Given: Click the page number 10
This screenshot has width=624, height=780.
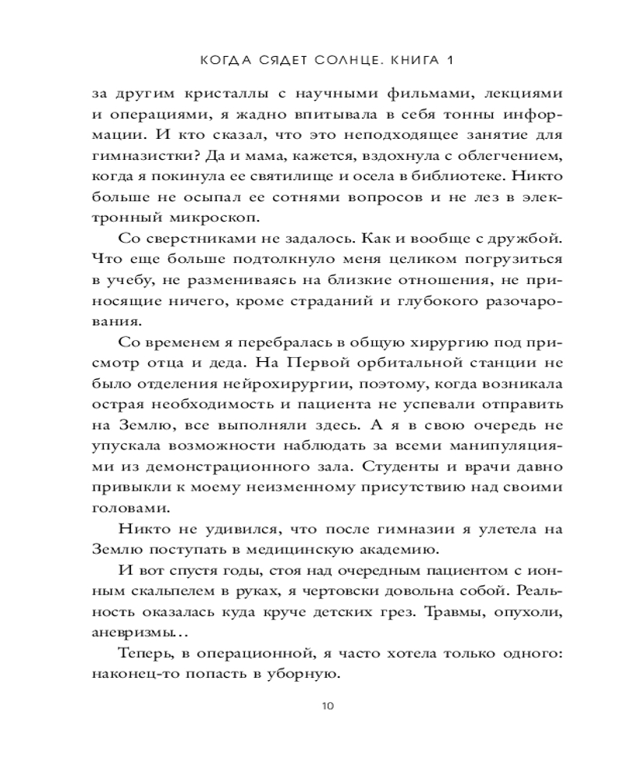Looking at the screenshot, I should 327,707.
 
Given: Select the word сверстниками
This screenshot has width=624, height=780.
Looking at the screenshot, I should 204,236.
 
